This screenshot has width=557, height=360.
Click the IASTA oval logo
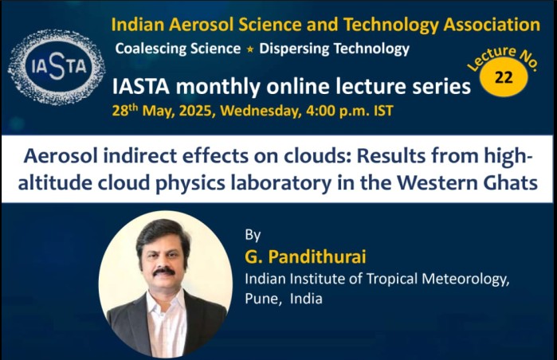pyautogui.click(x=56, y=67)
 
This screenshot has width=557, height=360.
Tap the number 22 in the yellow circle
pyautogui.click(x=504, y=77)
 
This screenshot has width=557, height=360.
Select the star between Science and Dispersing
pyautogui.click(x=250, y=49)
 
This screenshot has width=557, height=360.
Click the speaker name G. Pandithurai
pyautogui.click(x=305, y=256)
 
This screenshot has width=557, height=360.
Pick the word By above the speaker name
pyautogui.click(x=253, y=236)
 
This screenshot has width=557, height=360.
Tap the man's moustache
pyautogui.click(x=164, y=272)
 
